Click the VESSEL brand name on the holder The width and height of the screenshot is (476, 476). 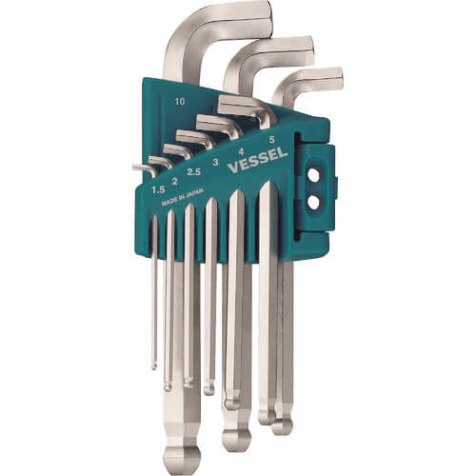pos(258,160)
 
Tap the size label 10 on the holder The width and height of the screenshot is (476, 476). pos(180,102)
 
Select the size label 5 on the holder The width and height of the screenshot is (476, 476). pos(271,139)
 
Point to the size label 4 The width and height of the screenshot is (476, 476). pos(241,151)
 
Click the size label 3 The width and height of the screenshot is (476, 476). pos(216,163)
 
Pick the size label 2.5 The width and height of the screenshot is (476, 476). pos(193,172)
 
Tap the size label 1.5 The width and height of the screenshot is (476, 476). pos(158,189)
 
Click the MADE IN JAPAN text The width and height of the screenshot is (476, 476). pos(182,196)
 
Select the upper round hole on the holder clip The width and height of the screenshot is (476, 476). pos(313,175)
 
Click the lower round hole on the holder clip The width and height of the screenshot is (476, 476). pos(313,203)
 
